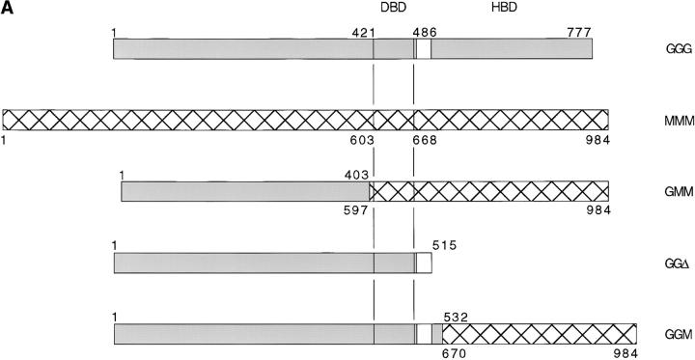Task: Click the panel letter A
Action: (x=9, y=9)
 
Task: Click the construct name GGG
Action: (x=664, y=46)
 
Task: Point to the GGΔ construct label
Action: (x=664, y=263)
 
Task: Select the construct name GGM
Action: (x=665, y=334)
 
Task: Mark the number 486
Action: (x=425, y=32)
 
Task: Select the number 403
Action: (x=353, y=175)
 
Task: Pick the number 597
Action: (x=358, y=210)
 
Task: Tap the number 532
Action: (x=457, y=317)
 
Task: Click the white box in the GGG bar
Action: (x=424, y=46)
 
